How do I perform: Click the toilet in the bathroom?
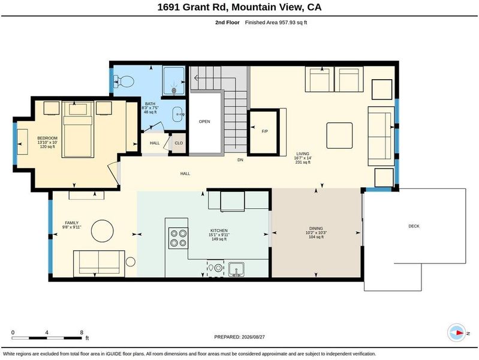124,82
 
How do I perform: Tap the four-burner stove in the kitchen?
179,238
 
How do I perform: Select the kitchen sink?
236,269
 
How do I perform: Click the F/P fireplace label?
264,131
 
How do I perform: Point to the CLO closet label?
179,143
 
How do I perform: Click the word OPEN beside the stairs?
204,121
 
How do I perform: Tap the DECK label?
414,226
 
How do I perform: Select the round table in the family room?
103,231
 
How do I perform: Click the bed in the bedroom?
77,130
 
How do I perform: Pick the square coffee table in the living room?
339,136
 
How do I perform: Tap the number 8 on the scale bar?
82,332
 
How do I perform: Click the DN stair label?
240,160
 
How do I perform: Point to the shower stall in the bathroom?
173,81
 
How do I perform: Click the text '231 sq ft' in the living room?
303,163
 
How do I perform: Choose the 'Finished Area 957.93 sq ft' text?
276,22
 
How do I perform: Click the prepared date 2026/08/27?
253,337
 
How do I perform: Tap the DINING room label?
316,229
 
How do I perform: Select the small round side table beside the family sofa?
131,262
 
